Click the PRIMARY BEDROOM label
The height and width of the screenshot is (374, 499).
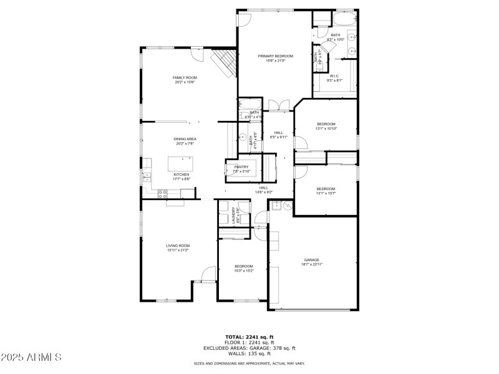click(275, 56)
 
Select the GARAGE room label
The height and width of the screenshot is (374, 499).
click(311, 260)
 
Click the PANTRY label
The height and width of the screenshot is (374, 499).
click(241, 167)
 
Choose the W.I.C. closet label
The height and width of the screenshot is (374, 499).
click(334, 76)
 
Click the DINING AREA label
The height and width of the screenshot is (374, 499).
click(185, 139)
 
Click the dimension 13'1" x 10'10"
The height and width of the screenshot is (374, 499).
click(326, 128)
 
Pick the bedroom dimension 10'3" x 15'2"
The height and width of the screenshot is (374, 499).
click(243, 271)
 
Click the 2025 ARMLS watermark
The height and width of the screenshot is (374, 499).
click(31, 357)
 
